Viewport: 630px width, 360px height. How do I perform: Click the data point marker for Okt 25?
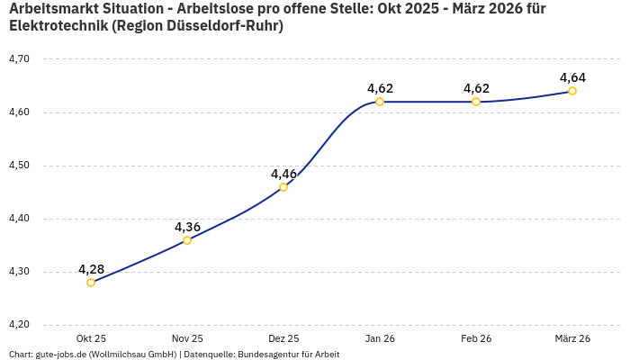(91, 283)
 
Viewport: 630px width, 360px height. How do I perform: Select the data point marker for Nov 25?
(187, 240)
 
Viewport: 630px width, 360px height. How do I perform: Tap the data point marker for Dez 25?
(283, 187)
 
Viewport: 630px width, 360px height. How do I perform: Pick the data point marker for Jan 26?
(380, 102)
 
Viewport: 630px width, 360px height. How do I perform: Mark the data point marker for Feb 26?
(476, 102)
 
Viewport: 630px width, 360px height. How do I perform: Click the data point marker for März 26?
(572, 91)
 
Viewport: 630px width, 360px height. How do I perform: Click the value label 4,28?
(91, 269)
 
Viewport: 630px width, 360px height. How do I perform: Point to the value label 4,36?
(187, 227)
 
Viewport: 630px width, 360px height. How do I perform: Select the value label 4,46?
(283, 174)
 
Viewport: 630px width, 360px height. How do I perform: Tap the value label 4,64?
(572, 77)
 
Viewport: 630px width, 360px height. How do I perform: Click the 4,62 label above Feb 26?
(476, 88)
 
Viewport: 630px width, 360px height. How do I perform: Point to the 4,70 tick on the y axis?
(19, 59)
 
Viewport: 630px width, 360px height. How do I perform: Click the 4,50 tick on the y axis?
(19, 166)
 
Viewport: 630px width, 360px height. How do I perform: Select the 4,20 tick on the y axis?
(19, 325)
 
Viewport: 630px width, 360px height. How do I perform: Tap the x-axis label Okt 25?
(91, 338)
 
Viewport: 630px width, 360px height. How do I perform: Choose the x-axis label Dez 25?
(283, 338)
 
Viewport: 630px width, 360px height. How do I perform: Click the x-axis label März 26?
(572, 338)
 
